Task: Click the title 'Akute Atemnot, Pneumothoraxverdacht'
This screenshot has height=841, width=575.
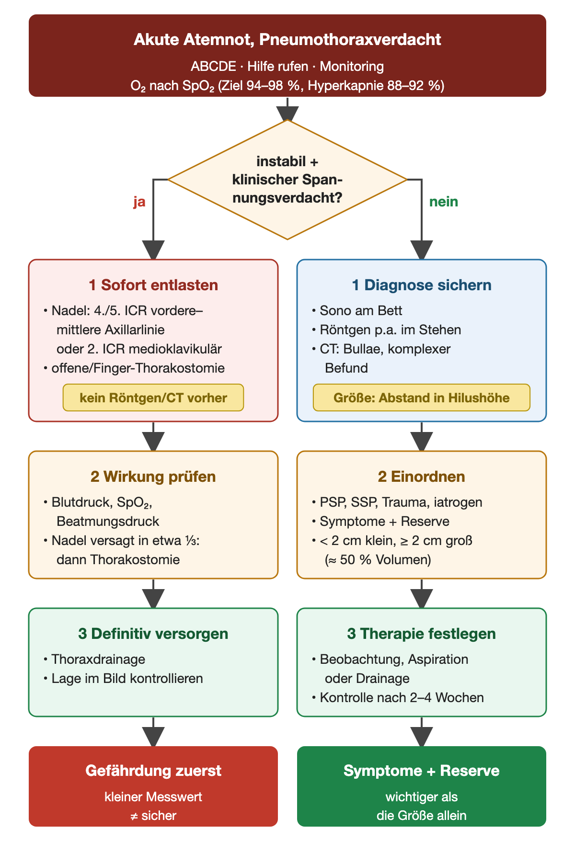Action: pyautogui.click(x=287, y=39)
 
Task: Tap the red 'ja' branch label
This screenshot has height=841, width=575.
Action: pyautogui.click(x=139, y=202)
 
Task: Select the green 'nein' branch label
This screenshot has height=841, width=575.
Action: pyautogui.click(x=444, y=202)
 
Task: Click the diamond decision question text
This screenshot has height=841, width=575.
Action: pyautogui.click(x=287, y=179)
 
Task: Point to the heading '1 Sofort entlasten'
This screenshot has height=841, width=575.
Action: pyautogui.click(x=153, y=285)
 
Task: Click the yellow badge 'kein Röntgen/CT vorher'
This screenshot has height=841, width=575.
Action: pyautogui.click(x=153, y=398)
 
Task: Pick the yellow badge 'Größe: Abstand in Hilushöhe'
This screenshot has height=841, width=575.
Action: pyautogui.click(x=422, y=398)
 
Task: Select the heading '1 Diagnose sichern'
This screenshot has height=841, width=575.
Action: pyautogui.click(x=422, y=285)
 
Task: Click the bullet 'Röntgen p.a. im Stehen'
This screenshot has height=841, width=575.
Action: pyautogui.click(x=386, y=330)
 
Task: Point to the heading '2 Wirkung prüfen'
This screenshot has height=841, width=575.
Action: pyautogui.click(x=153, y=477)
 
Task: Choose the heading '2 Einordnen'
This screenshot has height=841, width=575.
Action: pyautogui.click(x=422, y=477)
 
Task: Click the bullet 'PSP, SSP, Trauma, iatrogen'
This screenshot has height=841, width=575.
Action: pyautogui.click(x=397, y=502)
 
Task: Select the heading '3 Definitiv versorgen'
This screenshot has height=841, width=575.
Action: pyautogui.click(x=153, y=634)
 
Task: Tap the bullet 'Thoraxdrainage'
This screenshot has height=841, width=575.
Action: pyautogui.click(x=94, y=659)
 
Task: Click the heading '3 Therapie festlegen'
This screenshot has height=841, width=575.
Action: pyautogui.click(x=422, y=634)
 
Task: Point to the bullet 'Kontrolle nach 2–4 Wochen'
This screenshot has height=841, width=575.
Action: pyautogui.click(x=398, y=698)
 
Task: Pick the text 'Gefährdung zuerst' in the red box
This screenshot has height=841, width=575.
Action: pyautogui.click(x=153, y=771)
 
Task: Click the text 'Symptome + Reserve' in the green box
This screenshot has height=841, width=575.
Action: pyautogui.click(x=422, y=771)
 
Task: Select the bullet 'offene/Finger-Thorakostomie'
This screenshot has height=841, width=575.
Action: pyautogui.click(x=134, y=368)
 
